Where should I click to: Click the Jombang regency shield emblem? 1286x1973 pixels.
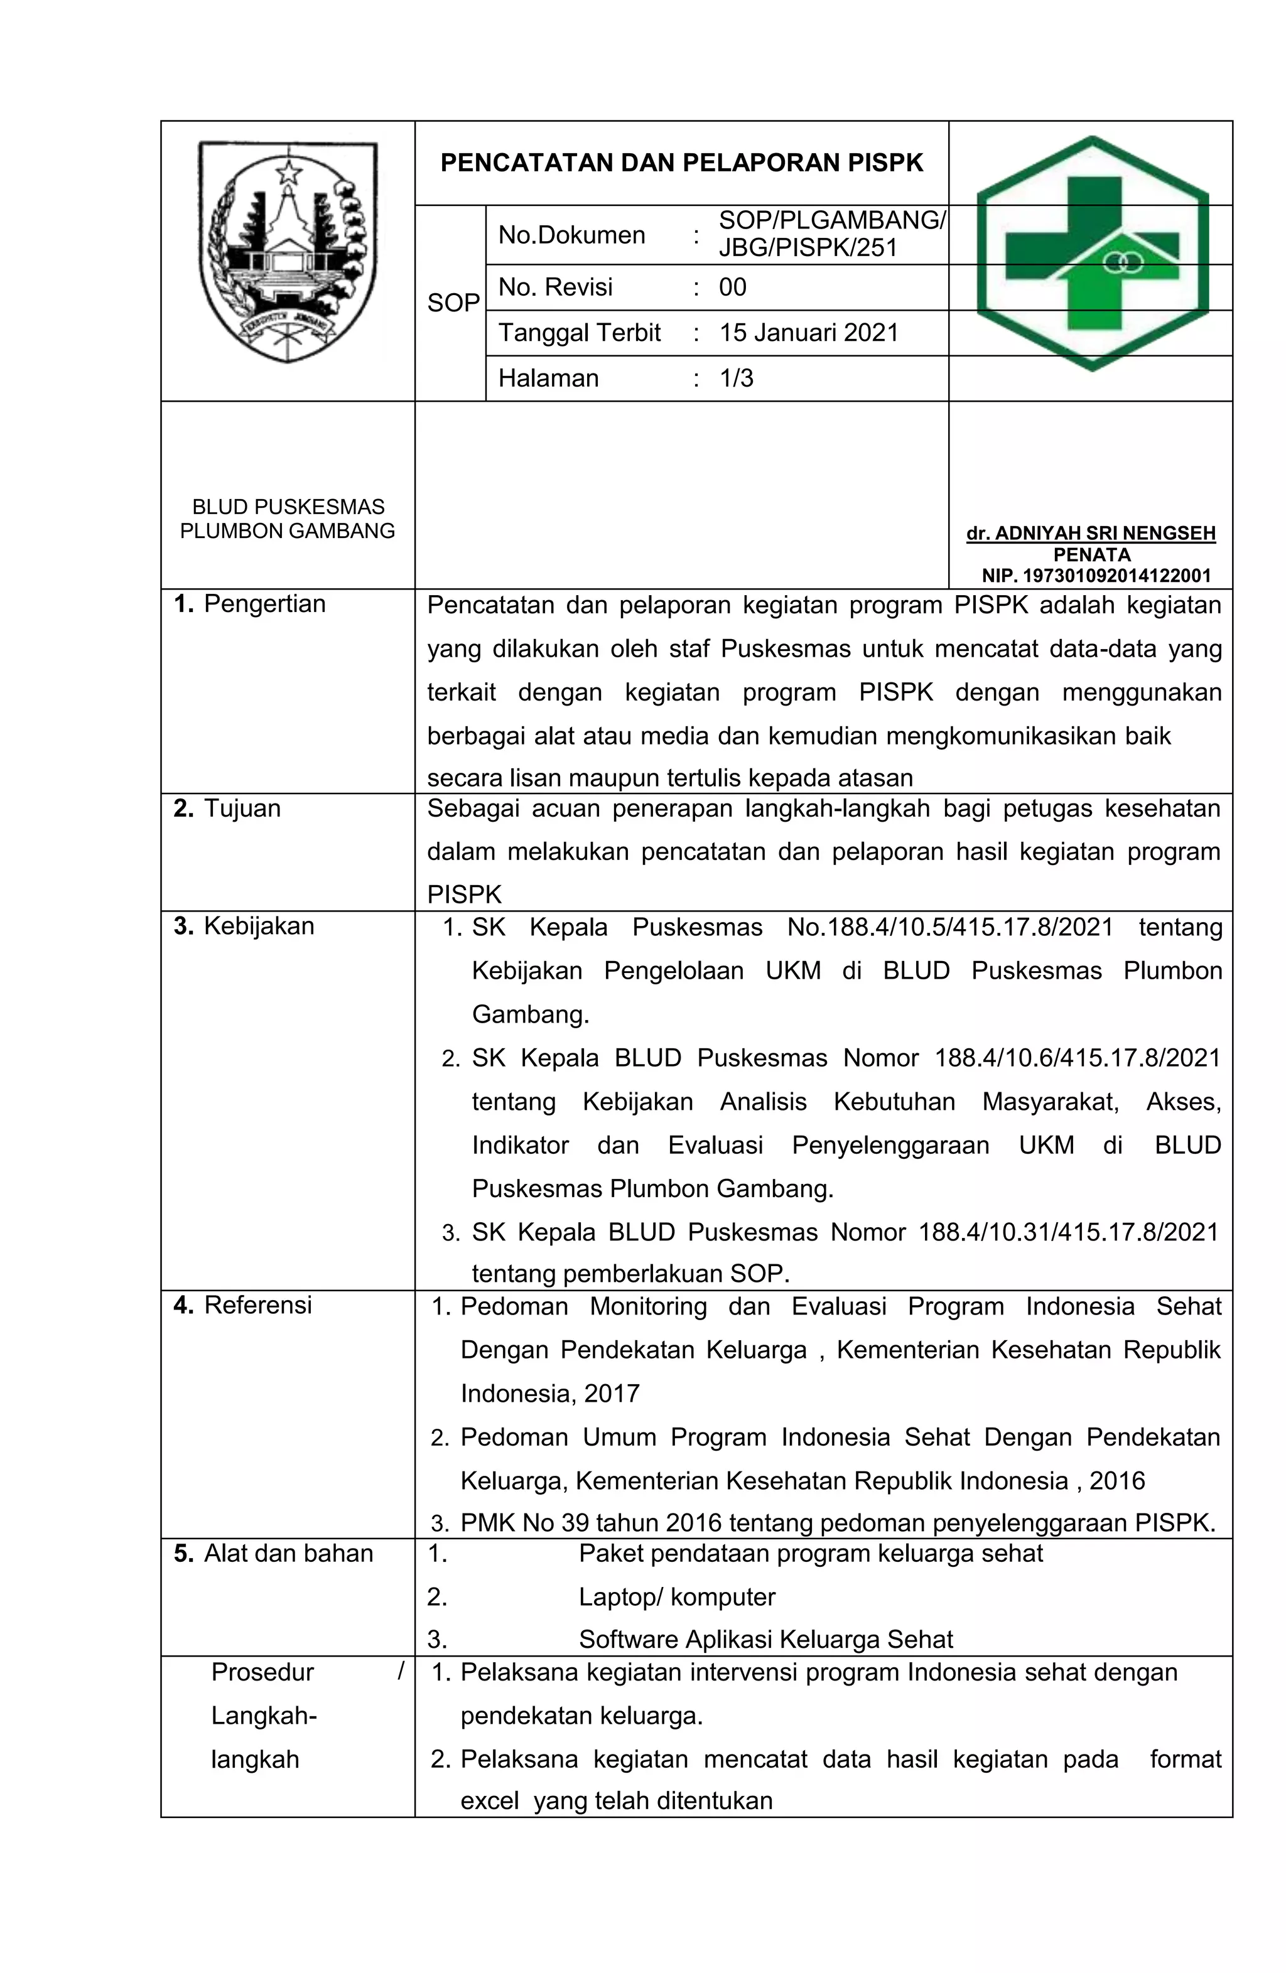pyautogui.click(x=288, y=251)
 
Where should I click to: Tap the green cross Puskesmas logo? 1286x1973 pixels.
pyautogui.click(x=1092, y=253)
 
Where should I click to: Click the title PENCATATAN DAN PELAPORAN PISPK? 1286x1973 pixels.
pyautogui.click(x=681, y=163)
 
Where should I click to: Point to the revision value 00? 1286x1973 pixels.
pyautogui.click(x=732, y=288)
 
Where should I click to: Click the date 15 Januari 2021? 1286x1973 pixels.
pyautogui.click(x=808, y=333)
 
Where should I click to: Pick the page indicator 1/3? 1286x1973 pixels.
pyautogui.click(x=737, y=378)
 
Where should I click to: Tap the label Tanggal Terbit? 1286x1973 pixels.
pyautogui.click(x=579, y=333)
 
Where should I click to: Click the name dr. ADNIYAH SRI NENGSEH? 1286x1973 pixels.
pyautogui.click(x=1090, y=533)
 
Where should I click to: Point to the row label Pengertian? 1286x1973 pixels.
pyautogui.click(x=264, y=603)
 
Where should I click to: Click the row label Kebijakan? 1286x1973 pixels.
pyautogui.click(x=258, y=925)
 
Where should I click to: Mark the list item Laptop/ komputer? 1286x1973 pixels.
pyautogui.click(x=676, y=1596)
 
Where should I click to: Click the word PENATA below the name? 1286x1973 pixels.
pyautogui.click(x=1091, y=554)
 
